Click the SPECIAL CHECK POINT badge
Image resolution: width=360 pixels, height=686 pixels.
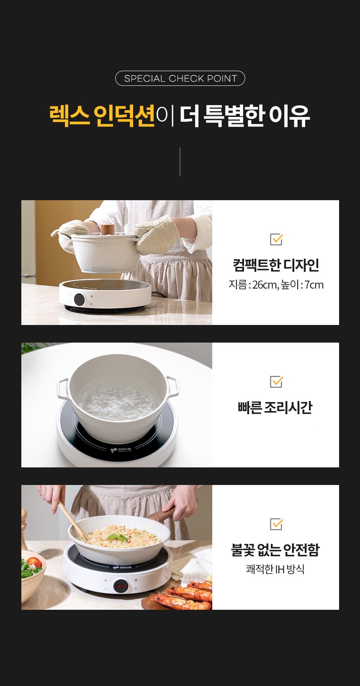(180, 78)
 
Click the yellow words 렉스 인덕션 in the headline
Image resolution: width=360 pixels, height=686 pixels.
(102, 116)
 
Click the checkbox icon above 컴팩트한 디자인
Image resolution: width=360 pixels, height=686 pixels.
(276, 239)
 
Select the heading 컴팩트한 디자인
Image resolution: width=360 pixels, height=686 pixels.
(276, 265)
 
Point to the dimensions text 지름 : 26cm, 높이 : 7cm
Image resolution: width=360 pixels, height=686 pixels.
(276, 285)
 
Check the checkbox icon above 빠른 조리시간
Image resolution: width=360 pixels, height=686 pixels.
(276, 382)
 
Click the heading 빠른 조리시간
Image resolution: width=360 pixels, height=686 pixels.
(275, 407)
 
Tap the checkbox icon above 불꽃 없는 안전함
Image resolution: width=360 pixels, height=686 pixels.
(276, 524)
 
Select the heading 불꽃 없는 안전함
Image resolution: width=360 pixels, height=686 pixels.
(275, 550)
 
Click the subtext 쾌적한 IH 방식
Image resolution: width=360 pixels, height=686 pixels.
(275, 569)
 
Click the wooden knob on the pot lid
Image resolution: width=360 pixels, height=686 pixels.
(108, 229)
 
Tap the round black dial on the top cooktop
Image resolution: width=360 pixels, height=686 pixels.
(79, 299)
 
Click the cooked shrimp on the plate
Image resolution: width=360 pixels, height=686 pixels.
(184, 596)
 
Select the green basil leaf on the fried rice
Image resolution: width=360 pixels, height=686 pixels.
(118, 537)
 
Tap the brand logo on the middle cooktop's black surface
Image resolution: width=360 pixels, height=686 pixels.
(121, 450)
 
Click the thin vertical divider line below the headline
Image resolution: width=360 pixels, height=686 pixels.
(180, 162)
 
